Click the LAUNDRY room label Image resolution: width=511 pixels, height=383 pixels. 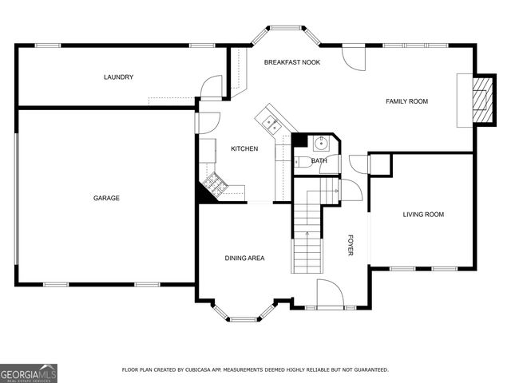(118, 77)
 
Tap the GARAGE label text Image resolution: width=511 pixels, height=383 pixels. (106, 198)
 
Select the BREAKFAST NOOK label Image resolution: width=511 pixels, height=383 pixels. (292, 61)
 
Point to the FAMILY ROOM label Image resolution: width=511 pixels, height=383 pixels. (407, 101)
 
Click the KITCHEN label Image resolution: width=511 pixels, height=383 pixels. (244, 149)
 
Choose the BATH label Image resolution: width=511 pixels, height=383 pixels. (319, 161)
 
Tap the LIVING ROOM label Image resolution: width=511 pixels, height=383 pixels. (423, 214)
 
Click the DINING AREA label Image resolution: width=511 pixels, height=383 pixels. (244, 258)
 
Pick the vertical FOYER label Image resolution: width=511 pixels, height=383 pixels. (350, 245)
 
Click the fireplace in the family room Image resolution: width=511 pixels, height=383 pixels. (480, 101)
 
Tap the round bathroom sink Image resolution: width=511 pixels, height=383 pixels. (321, 144)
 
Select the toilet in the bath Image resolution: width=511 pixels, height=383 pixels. (301, 162)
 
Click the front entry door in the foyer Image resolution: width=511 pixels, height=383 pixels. (330, 294)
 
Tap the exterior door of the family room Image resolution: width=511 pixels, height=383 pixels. (352, 56)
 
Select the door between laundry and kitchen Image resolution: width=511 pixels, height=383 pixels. (211, 87)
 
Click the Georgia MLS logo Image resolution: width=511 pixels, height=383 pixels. (29, 373)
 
